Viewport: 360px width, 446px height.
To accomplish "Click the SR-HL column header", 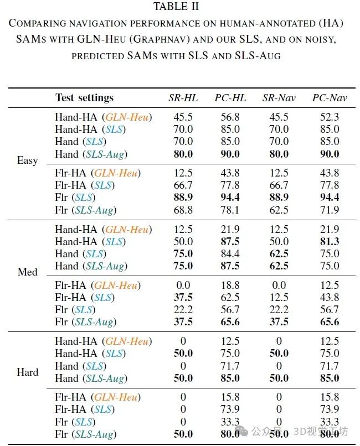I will click(183, 98).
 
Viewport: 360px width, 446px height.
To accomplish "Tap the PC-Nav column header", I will click(330, 98).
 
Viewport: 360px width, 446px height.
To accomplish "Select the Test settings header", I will click(84, 98).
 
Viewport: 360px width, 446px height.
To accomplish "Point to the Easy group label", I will click(28, 160).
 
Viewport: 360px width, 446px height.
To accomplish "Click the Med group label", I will click(28, 272).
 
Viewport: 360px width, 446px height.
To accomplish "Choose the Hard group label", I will click(28, 372).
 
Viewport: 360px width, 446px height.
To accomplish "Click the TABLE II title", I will click(176, 7).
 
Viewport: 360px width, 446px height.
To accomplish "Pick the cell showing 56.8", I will click(230, 117).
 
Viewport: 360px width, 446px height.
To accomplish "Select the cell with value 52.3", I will click(330, 117).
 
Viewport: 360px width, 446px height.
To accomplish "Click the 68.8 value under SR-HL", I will click(183, 210).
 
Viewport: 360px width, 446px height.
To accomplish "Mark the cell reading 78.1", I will click(230, 210).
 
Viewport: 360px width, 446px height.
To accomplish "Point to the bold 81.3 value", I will click(330, 242).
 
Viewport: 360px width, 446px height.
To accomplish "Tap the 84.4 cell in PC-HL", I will click(230, 254).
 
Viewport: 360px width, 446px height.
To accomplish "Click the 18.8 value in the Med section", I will click(230, 286).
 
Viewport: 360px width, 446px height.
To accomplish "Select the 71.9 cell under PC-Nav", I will click(330, 210).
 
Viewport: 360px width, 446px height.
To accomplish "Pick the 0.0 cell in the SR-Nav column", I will click(279, 286).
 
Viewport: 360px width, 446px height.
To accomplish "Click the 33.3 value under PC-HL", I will click(230, 422).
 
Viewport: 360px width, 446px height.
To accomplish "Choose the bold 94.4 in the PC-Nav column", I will click(330, 198).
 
